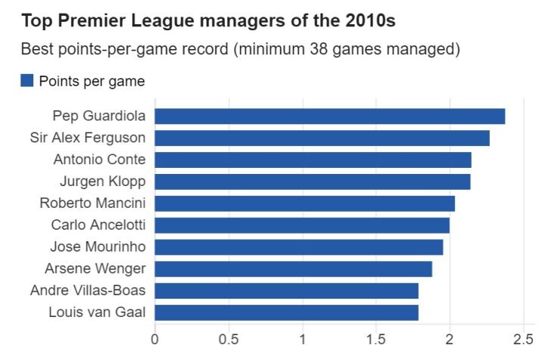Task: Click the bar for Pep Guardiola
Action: coord(330,116)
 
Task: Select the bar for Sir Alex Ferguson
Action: coord(322,138)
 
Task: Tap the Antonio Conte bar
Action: coord(313,160)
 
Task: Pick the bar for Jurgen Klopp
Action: coord(313,182)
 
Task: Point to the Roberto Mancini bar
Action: coord(305,203)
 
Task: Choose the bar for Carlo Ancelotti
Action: coord(302,225)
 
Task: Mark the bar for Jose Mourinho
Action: coord(299,247)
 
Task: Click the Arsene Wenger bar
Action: coord(294,269)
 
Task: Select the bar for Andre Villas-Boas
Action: coord(287,291)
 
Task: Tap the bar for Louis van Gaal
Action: coord(287,312)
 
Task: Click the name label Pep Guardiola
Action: coord(99,116)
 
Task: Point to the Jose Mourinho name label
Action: coord(98,247)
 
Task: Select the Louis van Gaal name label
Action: coord(97,312)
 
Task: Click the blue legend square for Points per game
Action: coord(27,80)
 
